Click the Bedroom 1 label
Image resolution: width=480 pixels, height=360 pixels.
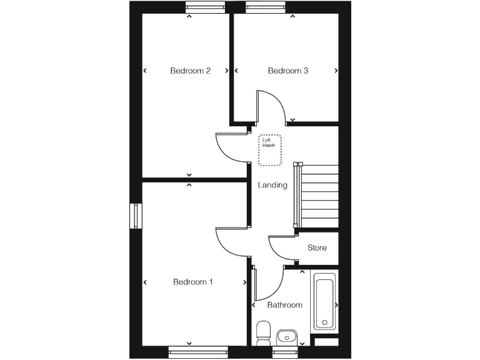click(x=193, y=282)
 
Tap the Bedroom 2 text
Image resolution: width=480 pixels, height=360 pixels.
click(x=190, y=71)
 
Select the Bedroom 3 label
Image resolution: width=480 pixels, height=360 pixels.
click(x=288, y=71)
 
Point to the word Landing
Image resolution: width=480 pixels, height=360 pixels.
click(x=273, y=185)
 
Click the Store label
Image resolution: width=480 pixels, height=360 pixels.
click(x=317, y=248)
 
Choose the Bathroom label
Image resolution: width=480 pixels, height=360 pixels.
click(x=284, y=305)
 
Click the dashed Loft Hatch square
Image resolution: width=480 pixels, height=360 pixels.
click(x=270, y=150)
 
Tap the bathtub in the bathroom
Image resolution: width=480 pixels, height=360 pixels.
click(x=324, y=303)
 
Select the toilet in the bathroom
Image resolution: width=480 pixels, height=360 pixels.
click(x=263, y=332)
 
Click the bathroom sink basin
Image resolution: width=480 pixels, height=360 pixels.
click(x=286, y=337)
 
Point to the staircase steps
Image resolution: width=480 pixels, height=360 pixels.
click(x=320, y=197)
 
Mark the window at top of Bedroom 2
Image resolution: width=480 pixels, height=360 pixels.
click(x=206, y=7)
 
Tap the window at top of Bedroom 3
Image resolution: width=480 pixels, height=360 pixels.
click(x=265, y=7)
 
